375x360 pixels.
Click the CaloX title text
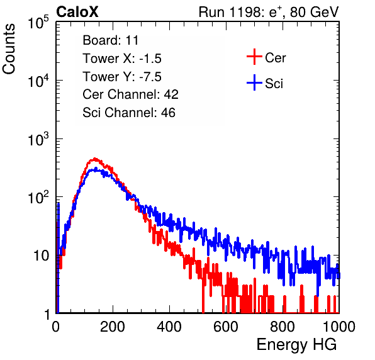(77, 12)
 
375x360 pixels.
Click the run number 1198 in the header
(244, 12)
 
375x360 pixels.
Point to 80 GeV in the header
(314, 12)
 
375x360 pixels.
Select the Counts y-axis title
(9, 49)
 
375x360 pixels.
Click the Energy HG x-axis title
(296, 345)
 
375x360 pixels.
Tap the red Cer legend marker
(254, 57)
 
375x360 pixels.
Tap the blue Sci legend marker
(254, 82)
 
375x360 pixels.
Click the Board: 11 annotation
(111, 40)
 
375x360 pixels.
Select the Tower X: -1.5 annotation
(122, 59)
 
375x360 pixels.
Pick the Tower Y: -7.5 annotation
(122, 77)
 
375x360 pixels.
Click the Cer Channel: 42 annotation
(130, 94)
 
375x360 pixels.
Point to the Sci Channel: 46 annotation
(129, 113)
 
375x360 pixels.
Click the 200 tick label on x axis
(113, 327)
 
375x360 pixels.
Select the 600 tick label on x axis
(226, 327)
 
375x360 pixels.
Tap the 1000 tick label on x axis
(339, 327)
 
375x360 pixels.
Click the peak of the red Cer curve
(95, 159)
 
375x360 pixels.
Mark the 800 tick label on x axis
(283, 327)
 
